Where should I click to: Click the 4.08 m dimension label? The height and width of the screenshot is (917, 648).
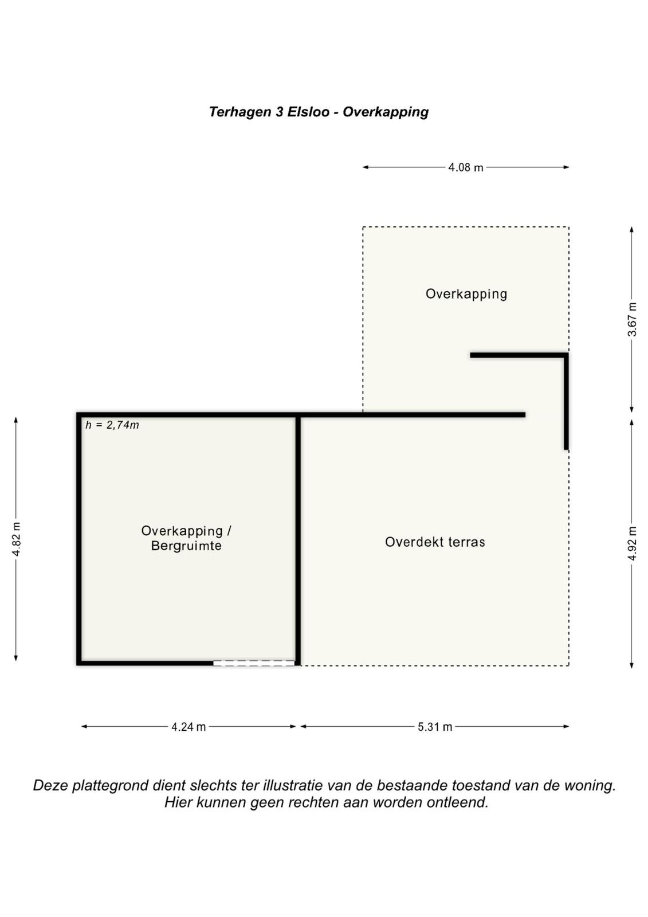tap(465, 167)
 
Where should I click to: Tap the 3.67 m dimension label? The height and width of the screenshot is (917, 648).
tap(632, 319)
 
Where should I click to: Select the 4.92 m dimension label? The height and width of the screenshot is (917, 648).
tap(632, 544)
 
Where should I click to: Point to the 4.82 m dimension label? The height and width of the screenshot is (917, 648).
tap(17, 539)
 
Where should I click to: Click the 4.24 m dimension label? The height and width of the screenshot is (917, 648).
tap(188, 727)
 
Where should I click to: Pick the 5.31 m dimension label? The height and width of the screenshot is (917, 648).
tap(435, 727)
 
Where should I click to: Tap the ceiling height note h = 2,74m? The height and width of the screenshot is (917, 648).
tap(112, 425)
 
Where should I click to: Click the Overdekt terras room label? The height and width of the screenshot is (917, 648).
tap(435, 542)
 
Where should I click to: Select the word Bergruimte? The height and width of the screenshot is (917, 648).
tap(186, 546)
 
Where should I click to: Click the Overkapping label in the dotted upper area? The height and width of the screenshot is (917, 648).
tap(466, 294)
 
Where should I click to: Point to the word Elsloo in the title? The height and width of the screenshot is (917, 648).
tap(308, 112)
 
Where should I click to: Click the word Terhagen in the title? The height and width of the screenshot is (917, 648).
tap(240, 112)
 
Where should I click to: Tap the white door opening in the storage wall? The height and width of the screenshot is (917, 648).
tap(254, 663)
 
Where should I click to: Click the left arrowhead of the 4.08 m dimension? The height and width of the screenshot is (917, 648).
tap(366, 167)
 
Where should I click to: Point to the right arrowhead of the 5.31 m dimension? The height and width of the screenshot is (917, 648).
tap(566, 727)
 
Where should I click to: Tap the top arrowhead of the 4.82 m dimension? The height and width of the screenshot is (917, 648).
tap(16, 421)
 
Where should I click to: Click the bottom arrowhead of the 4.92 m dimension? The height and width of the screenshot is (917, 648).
tap(631, 665)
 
